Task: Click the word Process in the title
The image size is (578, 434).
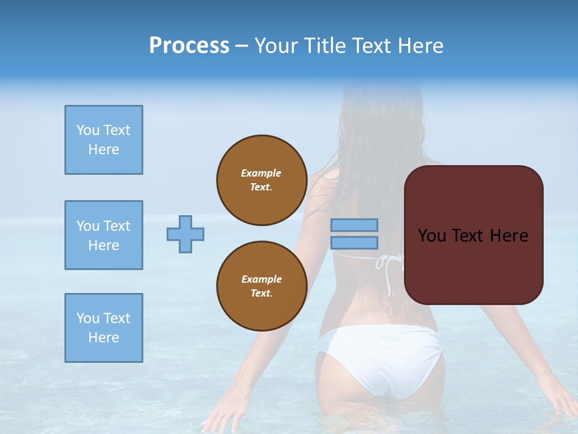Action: point(189,46)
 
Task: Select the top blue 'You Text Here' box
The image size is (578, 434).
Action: point(104,140)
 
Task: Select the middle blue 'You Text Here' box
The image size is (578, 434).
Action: point(104,235)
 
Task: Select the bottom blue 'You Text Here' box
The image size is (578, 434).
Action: point(104,328)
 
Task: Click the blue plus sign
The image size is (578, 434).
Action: point(185,234)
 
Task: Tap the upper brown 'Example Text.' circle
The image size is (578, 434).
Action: point(261,180)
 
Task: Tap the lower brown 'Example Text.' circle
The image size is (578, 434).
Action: point(261,286)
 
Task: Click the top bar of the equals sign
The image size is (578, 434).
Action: point(354,225)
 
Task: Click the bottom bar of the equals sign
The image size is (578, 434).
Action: point(354,243)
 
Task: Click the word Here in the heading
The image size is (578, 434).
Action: point(420,46)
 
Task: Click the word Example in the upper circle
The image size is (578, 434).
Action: point(261,173)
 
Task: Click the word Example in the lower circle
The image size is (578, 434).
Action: point(261,279)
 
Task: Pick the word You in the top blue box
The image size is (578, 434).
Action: point(87,130)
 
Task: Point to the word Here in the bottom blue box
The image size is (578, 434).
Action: point(104,338)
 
